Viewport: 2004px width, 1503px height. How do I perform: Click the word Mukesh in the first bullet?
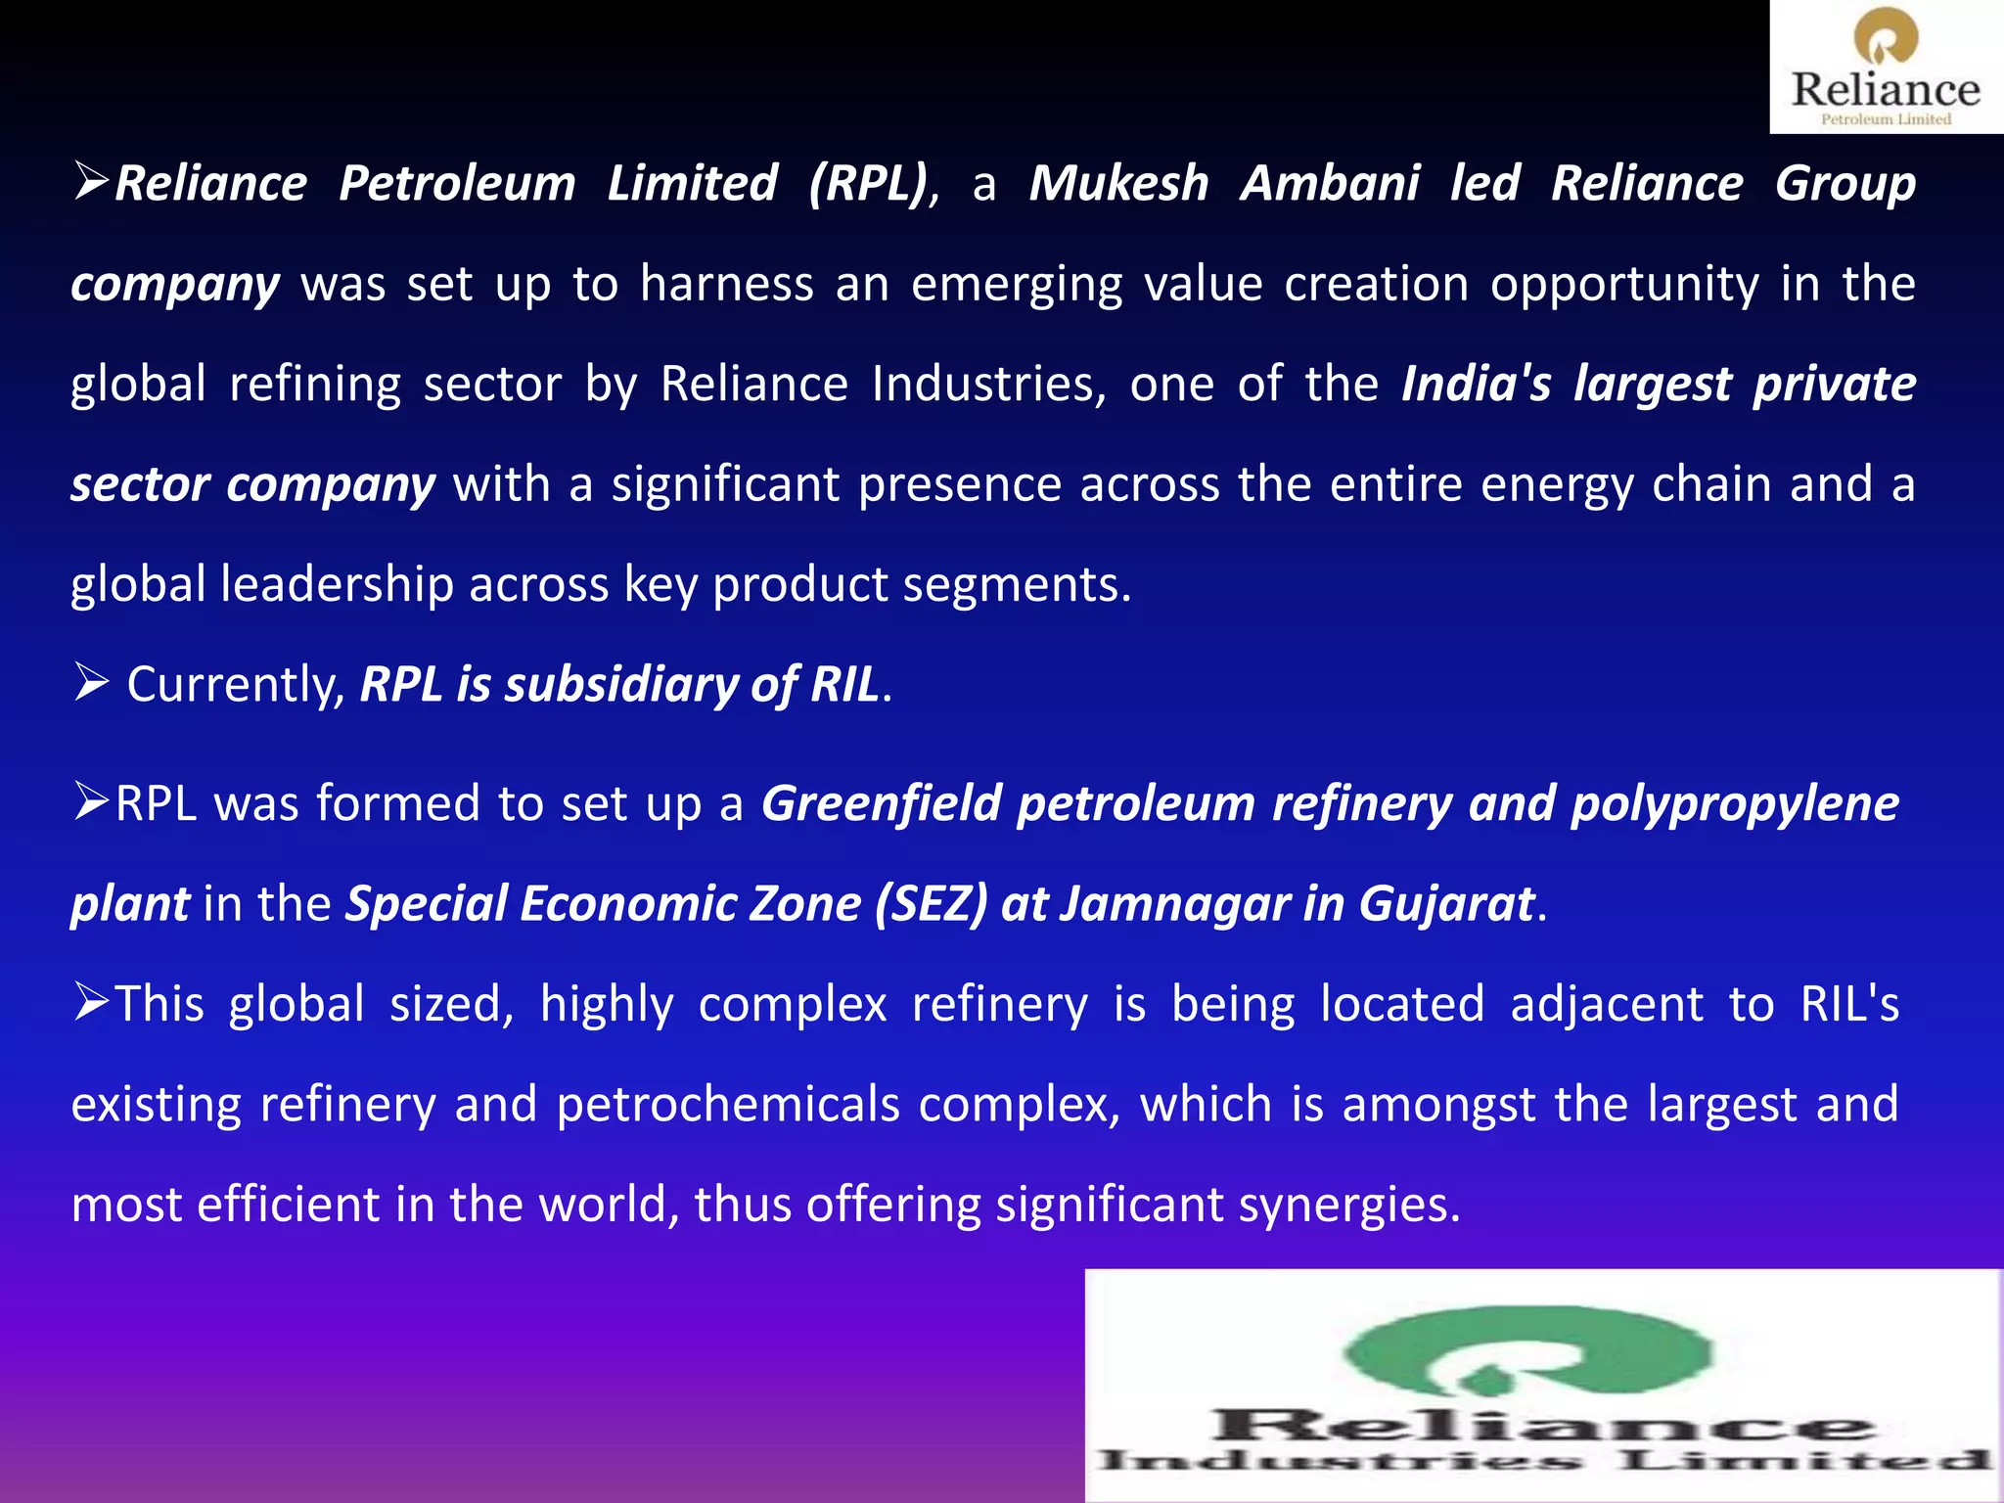[x=1118, y=184]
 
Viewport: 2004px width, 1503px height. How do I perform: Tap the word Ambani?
[x=1330, y=184]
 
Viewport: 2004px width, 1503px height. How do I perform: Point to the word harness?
[x=726, y=285]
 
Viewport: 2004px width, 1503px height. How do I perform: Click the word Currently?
[x=235, y=685]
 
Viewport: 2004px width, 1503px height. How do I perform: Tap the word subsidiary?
[x=620, y=685]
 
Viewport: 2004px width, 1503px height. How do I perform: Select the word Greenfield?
[x=882, y=804]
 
